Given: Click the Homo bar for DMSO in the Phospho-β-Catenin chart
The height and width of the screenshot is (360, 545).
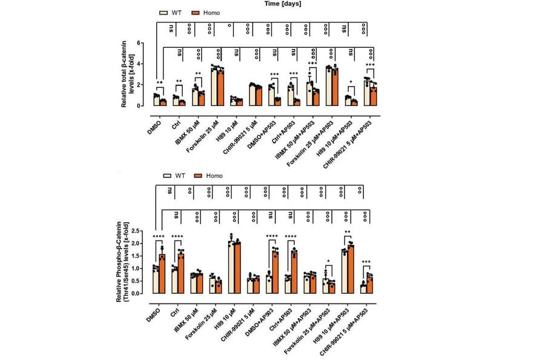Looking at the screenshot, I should pyautogui.click(x=162, y=274).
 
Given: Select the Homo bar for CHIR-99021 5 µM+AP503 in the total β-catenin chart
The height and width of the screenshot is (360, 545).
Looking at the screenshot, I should pyautogui.click(x=374, y=96).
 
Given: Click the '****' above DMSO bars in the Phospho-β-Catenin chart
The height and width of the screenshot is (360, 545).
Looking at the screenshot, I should pyautogui.click(x=159, y=237).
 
